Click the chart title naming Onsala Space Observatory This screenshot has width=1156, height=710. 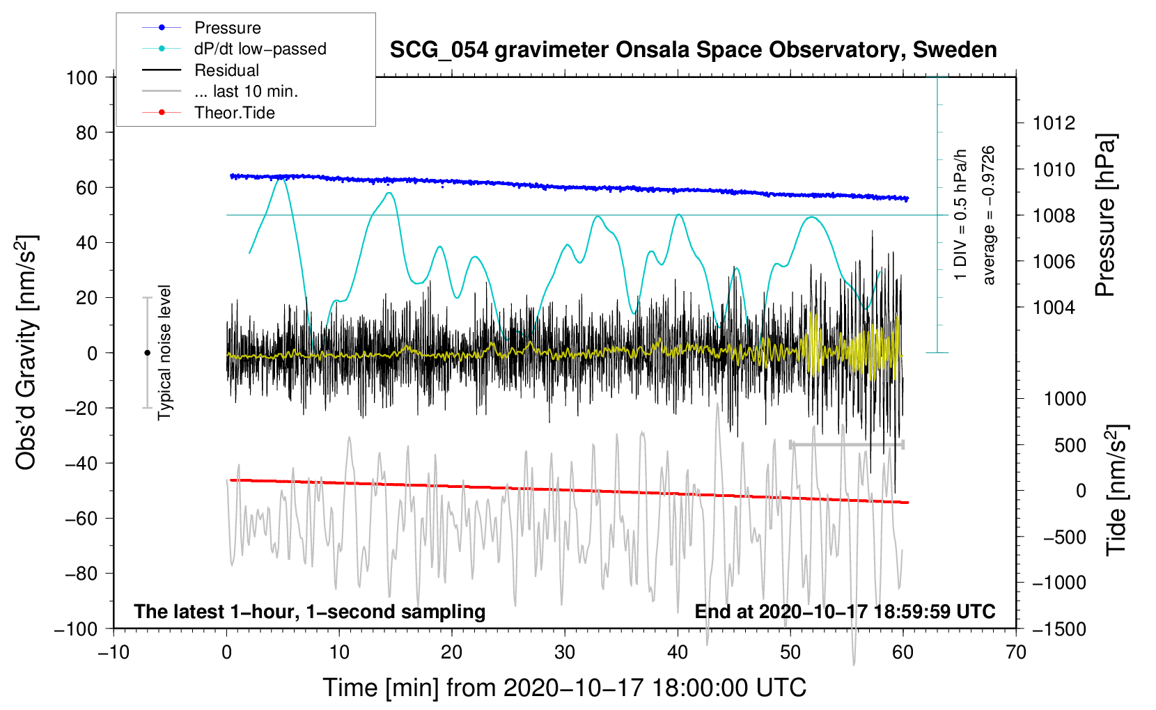click(693, 50)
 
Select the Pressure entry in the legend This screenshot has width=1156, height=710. click(201, 27)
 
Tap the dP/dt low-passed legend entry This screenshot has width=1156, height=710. click(234, 49)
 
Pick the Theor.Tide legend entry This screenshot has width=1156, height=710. click(208, 113)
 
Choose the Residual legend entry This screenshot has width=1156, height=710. click(201, 70)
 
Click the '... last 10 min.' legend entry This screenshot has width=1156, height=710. click(220, 91)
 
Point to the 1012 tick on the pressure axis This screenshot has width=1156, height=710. click(1054, 123)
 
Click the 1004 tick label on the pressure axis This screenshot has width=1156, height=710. click(1054, 308)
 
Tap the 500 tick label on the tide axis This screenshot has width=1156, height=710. click(1070, 445)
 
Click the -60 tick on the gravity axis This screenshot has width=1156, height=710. click(81, 519)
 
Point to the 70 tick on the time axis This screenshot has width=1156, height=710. click(1015, 652)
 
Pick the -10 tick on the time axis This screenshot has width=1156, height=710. click(114, 652)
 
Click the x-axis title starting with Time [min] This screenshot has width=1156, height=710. click(564, 688)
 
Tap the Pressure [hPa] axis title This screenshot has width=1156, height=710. click(1105, 216)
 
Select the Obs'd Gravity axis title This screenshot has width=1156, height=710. click(26, 352)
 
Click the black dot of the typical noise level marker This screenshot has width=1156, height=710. click(147, 353)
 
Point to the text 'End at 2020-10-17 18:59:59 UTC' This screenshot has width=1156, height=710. click(845, 611)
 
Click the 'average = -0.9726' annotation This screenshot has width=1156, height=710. click(988, 215)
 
